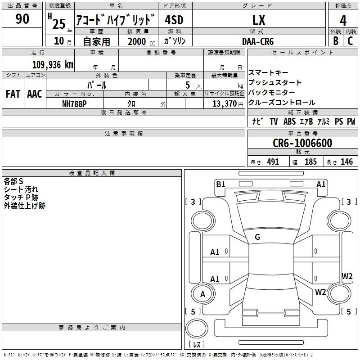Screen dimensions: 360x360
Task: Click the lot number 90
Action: tap(22, 19)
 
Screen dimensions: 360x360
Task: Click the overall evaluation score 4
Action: tap(343, 20)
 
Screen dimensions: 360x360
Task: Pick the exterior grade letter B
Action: tap(336, 40)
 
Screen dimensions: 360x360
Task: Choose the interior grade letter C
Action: tap(350, 40)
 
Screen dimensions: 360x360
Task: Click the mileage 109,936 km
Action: tap(53, 64)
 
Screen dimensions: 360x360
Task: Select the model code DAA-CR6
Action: tap(257, 41)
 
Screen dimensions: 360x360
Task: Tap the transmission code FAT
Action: tap(13, 94)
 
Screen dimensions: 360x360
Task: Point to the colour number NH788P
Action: tap(74, 103)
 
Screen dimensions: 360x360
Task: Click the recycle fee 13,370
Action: tap(224, 103)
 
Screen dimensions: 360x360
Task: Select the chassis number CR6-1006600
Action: tap(302, 143)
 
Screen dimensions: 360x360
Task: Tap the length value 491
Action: tap(273, 162)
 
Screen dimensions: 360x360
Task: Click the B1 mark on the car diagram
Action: tap(220, 184)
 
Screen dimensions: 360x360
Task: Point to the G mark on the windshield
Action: tap(257, 237)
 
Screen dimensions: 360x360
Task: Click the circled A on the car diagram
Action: tap(202, 294)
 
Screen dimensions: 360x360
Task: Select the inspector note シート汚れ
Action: tap(21, 189)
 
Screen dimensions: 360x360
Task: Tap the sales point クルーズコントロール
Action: tap(282, 103)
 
